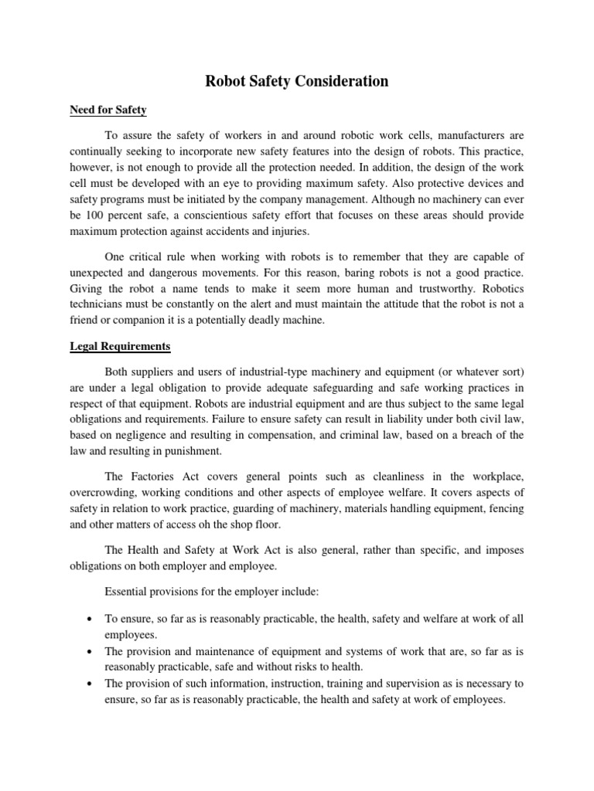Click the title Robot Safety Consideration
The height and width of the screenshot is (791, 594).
pos(297,80)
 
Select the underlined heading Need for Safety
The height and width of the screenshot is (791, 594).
pos(104,110)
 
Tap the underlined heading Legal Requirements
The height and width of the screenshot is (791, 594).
pos(115,346)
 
